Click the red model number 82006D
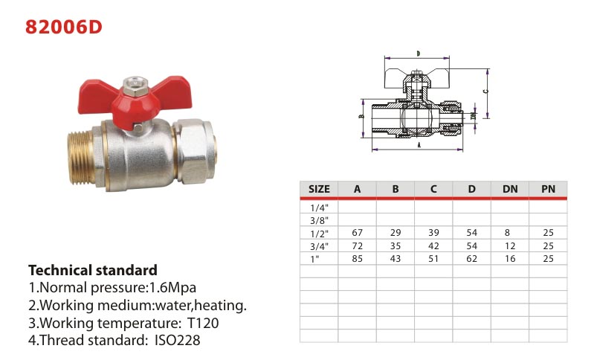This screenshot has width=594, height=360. (64, 27)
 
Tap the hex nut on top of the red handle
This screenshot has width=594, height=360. (135, 86)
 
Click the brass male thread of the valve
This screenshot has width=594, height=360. (83, 158)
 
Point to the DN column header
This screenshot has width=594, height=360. (510, 189)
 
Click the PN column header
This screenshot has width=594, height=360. (548, 189)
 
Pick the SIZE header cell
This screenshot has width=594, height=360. (319, 189)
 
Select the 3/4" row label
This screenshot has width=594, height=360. (320, 246)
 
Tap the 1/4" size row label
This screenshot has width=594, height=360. (320, 208)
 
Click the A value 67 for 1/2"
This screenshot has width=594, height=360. (358, 233)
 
